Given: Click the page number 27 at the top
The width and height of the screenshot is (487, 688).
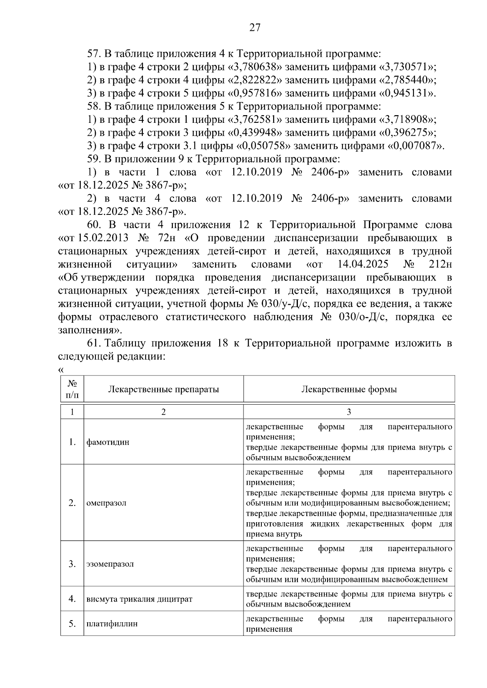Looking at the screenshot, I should [x=254, y=28].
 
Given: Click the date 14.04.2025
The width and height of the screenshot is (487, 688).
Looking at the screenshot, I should [x=362, y=264].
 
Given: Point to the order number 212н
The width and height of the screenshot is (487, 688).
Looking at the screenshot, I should [x=440, y=264].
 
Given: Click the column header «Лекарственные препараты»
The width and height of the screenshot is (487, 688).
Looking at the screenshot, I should [x=164, y=390].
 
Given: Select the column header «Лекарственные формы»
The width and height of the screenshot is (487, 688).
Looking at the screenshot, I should [x=349, y=390].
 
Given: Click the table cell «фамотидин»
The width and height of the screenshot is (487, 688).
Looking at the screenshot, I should [x=108, y=442].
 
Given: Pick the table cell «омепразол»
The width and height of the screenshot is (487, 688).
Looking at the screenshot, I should [x=106, y=503].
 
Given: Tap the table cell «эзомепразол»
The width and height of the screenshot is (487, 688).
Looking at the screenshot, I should [x=110, y=564].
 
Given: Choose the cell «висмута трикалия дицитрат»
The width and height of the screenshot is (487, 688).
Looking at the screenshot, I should [x=139, y=599].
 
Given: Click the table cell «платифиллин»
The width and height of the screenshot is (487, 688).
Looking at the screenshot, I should [x=112, y=624].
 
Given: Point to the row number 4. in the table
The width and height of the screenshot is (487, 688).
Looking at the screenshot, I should [x=72, y=599].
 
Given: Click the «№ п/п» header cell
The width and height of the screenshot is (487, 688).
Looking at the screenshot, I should [x=72, y=389].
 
